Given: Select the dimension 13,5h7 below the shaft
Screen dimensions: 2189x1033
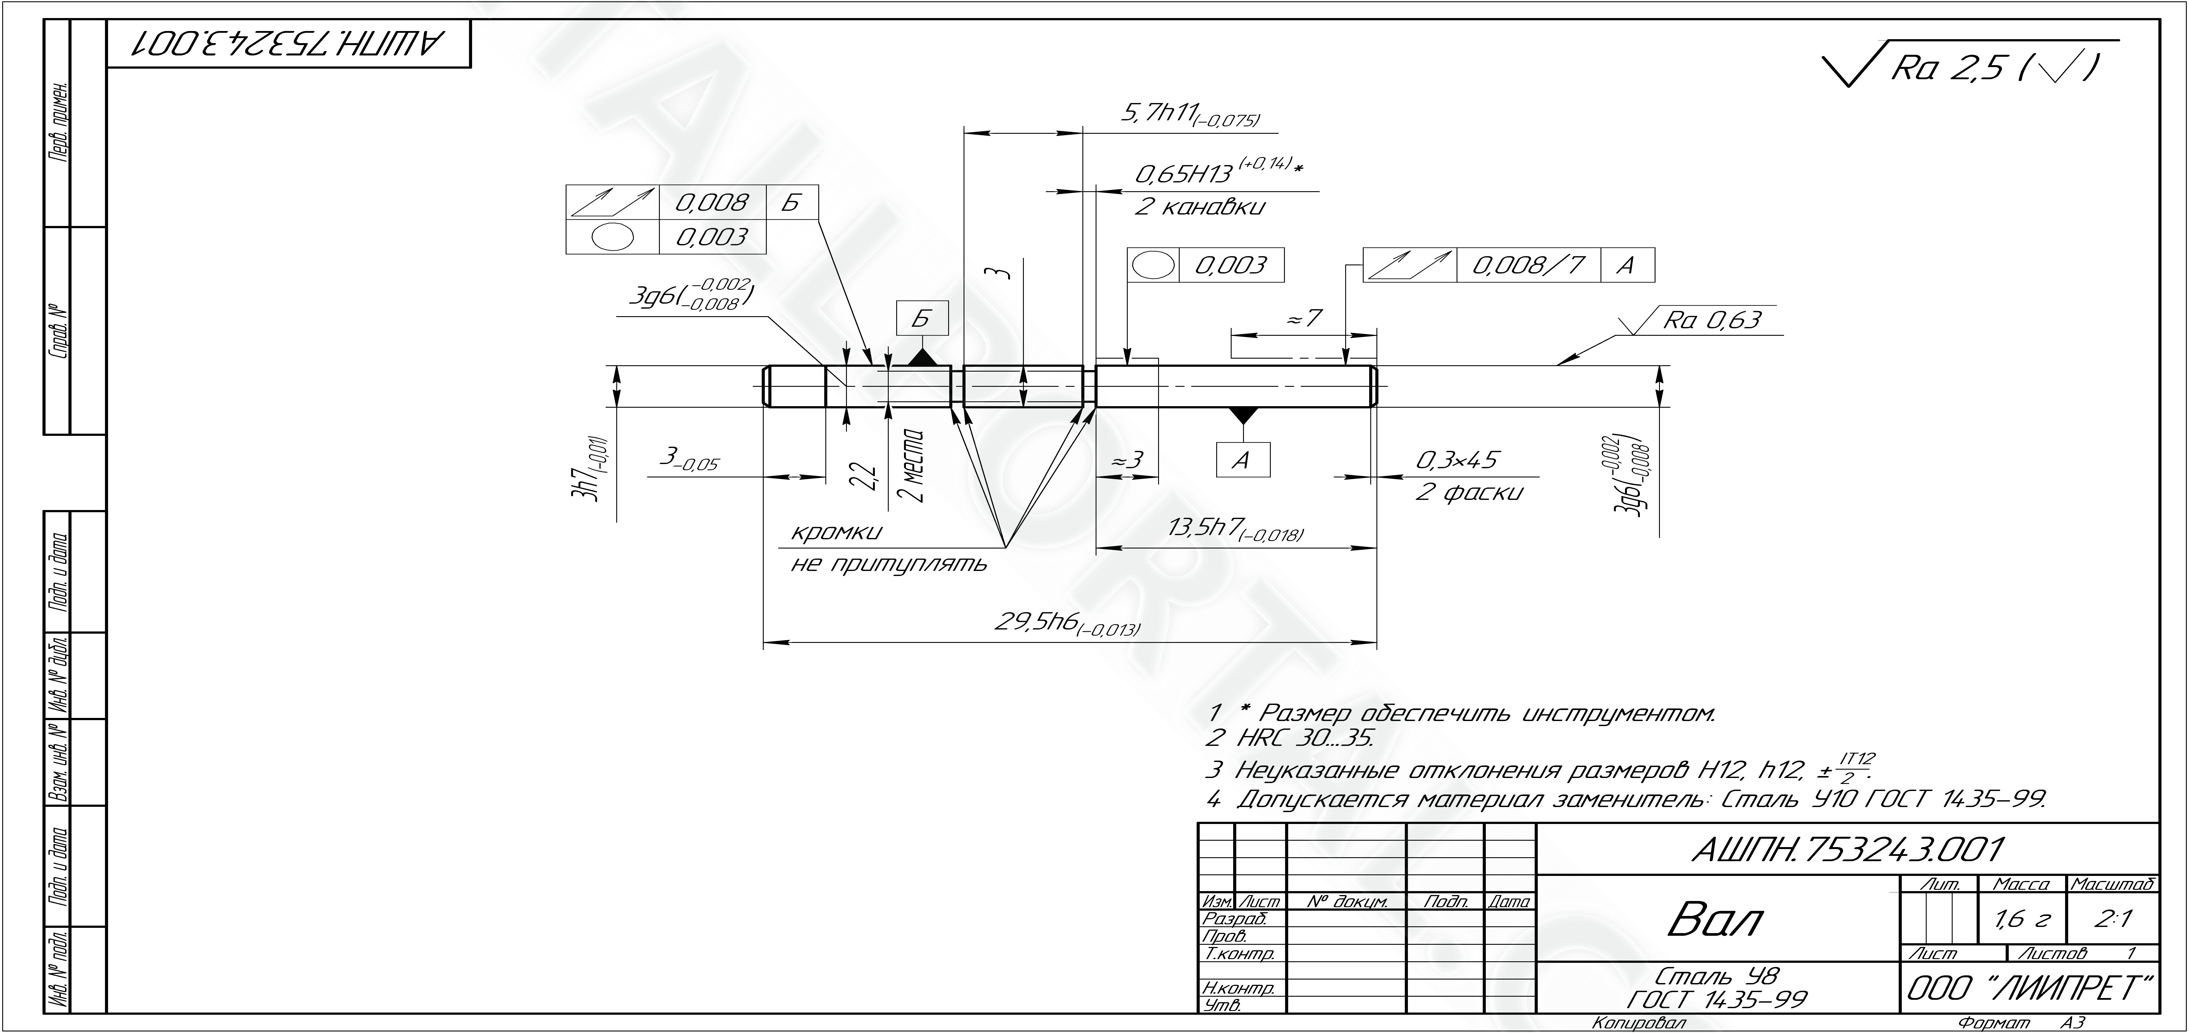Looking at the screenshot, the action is coord(1236,530).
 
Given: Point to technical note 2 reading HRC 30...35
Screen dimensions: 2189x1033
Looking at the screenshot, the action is coord(1292,737).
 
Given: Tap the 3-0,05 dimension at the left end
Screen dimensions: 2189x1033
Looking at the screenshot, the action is coord(689,460).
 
